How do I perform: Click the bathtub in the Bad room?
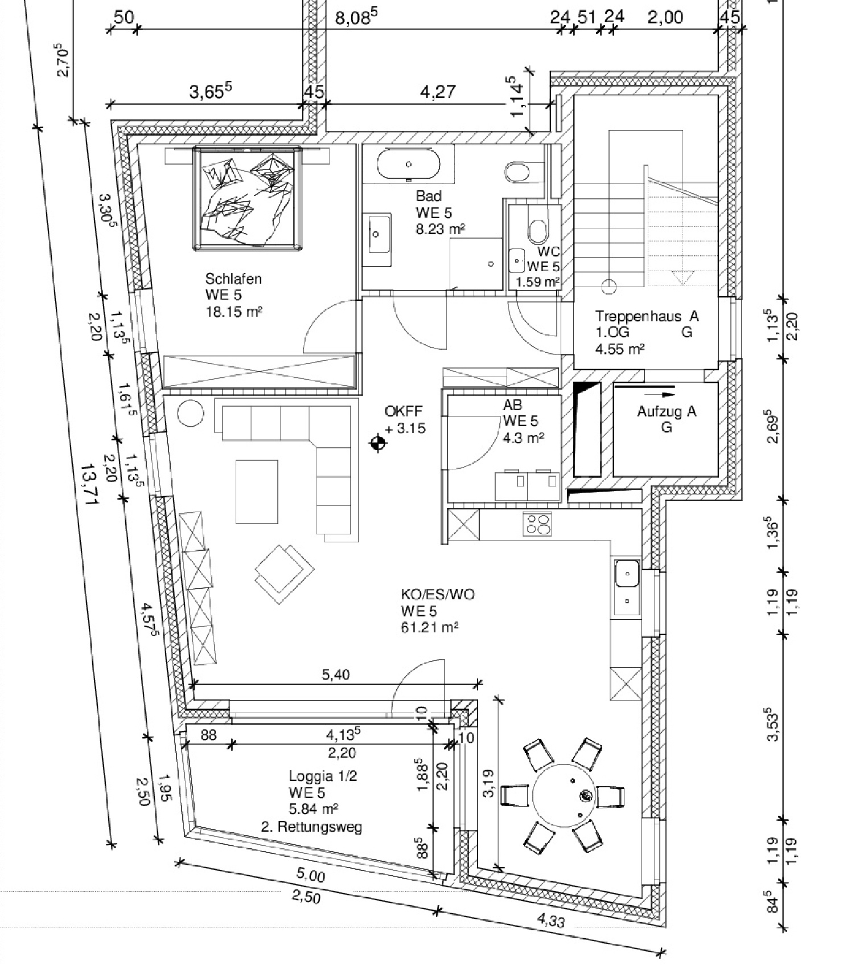[408, 164]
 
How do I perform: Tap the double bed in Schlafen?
[248, 198]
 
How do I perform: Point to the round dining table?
[564, 795]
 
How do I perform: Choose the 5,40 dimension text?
[336, 675]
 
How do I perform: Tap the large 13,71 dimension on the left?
[89, 484]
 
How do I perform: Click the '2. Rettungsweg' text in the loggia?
[311, 827]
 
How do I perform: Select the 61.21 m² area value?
[430, 627]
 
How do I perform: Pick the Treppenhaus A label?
[647, 316]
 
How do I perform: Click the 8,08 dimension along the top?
[356, 17]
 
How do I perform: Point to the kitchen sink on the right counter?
[627, 587]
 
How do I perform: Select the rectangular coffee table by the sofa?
[257, 492]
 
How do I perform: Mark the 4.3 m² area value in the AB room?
[523, 437]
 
